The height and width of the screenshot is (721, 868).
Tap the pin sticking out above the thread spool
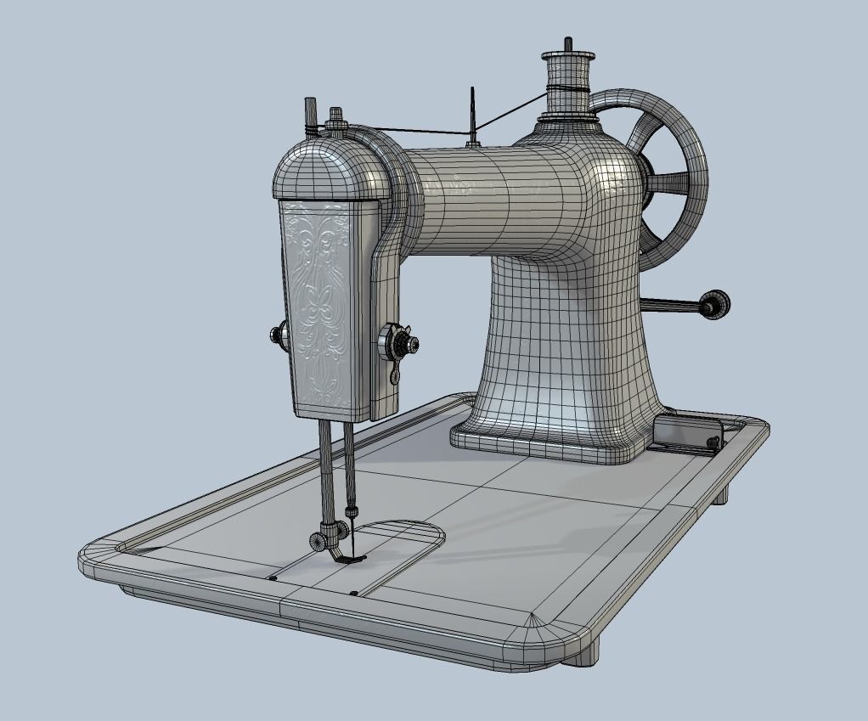(567, 44)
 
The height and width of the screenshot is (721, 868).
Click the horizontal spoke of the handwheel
(671, 181)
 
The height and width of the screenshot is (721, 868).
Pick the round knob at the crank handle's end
(714, 304)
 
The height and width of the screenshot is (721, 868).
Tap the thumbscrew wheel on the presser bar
(318, 539)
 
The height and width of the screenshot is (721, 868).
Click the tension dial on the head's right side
(397, 342)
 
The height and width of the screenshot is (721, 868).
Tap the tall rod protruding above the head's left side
(310, 116)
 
